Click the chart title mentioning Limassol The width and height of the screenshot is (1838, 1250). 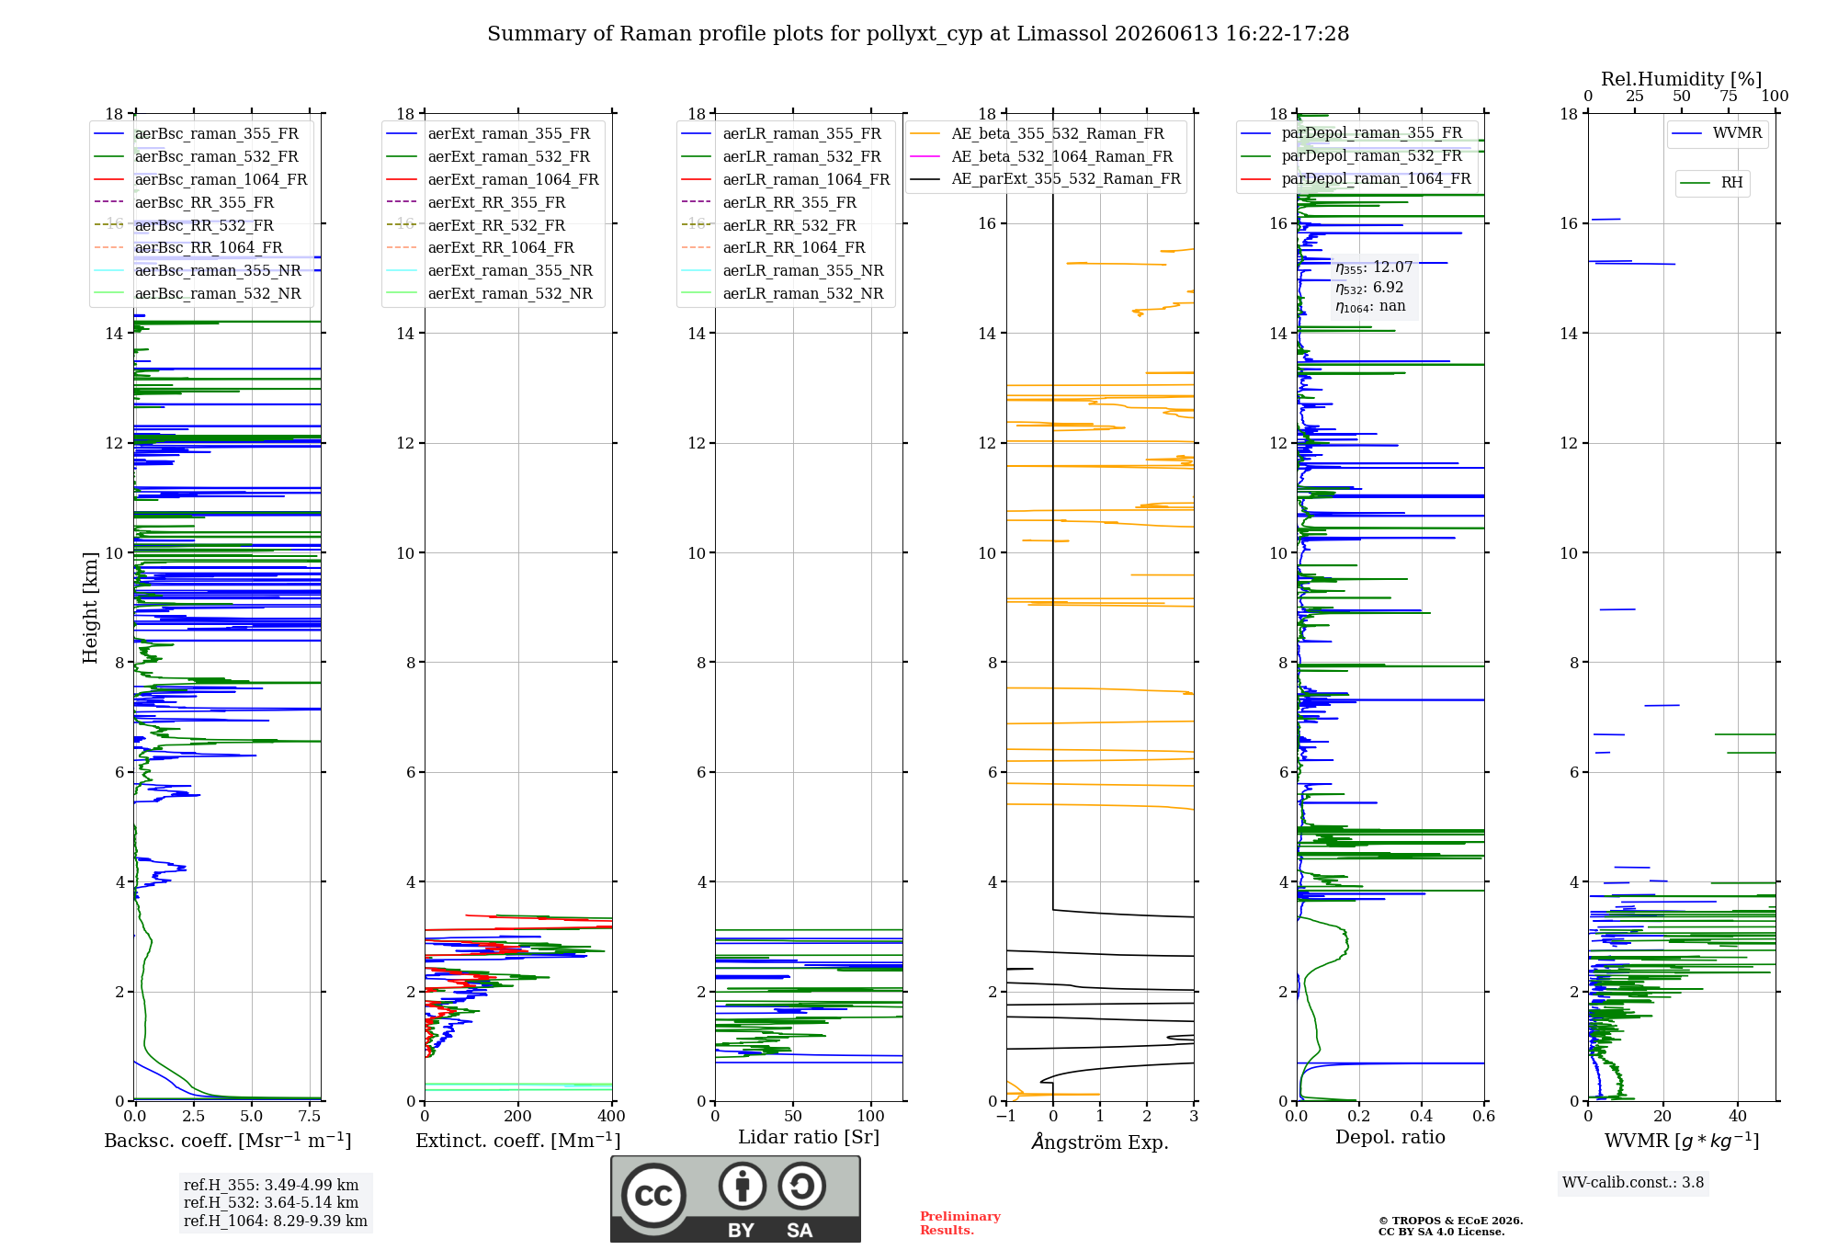point(918,34)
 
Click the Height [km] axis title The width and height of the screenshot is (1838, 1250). point(90,608)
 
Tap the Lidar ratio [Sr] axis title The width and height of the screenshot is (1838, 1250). point(809,1137)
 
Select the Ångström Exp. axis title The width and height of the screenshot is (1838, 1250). point(1100,1142)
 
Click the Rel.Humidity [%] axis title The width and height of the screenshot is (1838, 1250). point(1682,79)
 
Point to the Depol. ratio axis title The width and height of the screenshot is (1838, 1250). point(1390,1138)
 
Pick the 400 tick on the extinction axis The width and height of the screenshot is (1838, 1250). point(612,1117)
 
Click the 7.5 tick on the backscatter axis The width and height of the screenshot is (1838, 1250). point(310,1117)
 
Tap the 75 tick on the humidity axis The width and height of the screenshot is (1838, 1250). point(1729,97)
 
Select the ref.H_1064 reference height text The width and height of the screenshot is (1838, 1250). point(276,1222)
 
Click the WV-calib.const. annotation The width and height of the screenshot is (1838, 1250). point(1633,1183)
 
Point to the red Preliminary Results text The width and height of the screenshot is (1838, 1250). point(960,1223)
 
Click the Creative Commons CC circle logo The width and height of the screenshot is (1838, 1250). point(653,1196)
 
